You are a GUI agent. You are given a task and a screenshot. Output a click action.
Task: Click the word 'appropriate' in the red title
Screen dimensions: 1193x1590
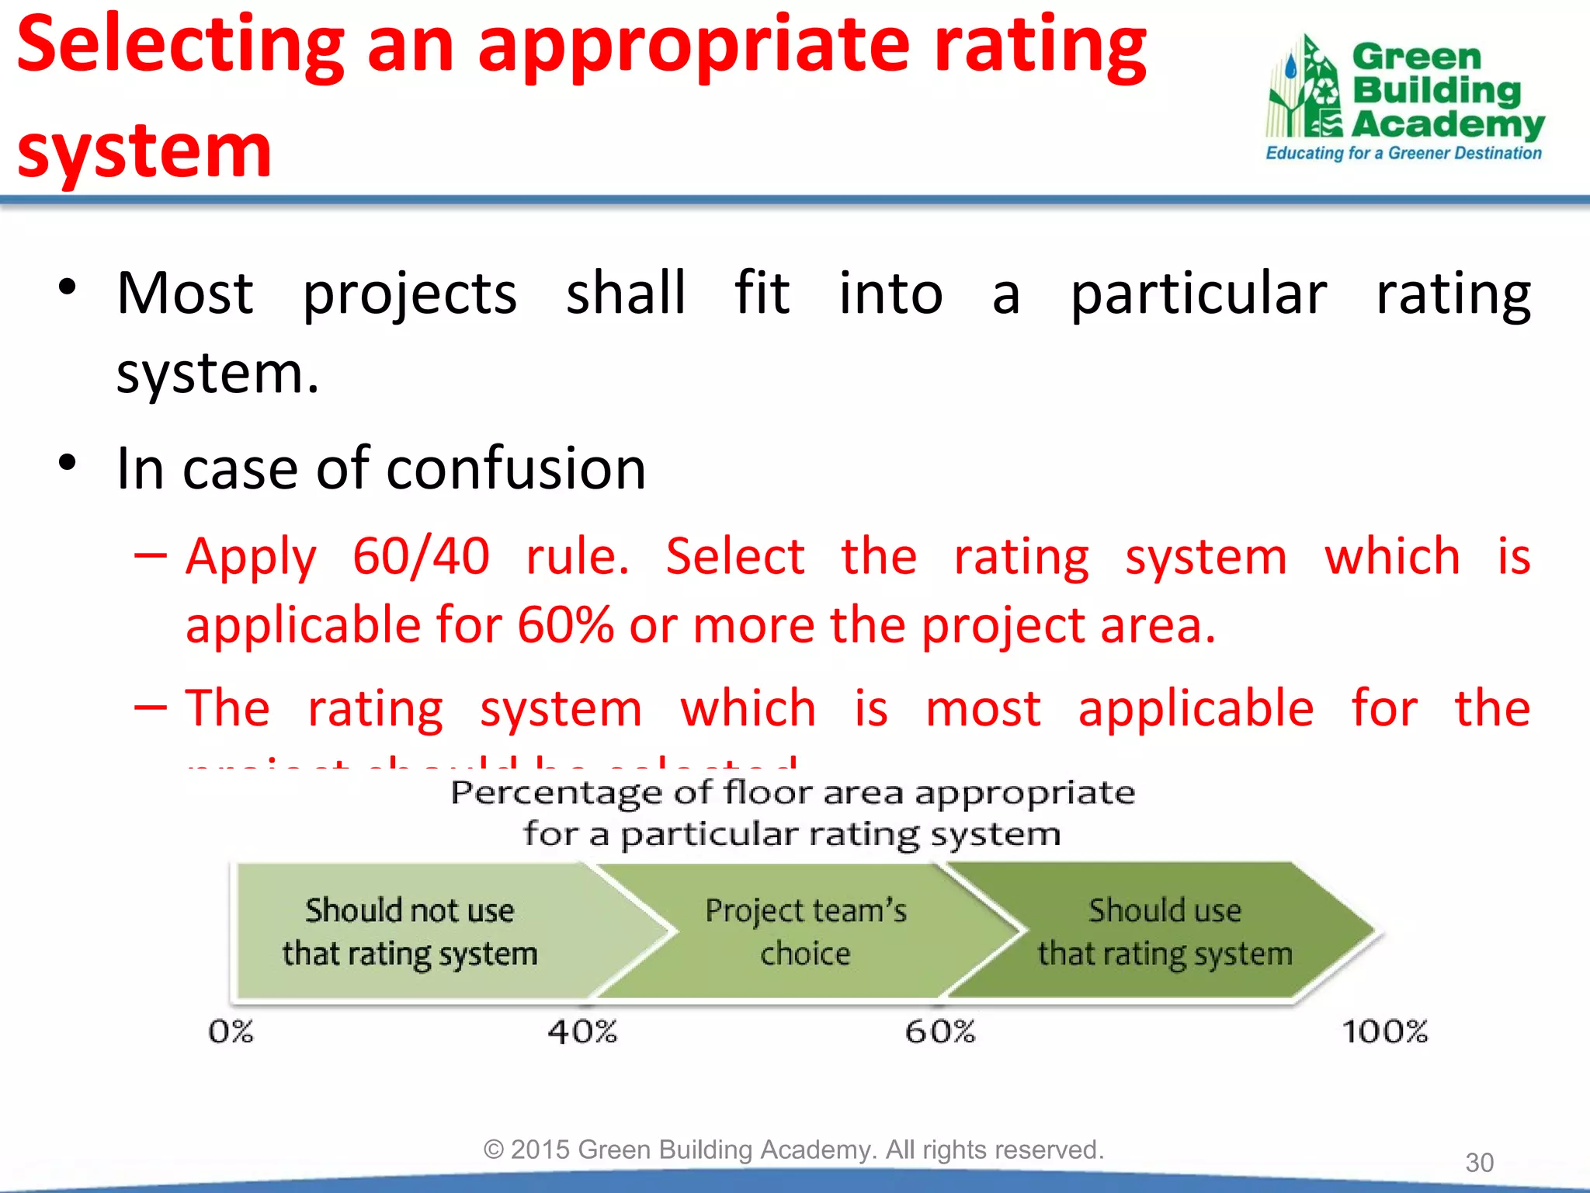pos(693,48)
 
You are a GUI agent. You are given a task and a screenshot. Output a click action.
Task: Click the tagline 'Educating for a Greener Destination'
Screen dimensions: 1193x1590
pos(1403,153)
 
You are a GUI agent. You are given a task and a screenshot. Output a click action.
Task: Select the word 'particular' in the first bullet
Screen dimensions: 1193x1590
pos(1198,295)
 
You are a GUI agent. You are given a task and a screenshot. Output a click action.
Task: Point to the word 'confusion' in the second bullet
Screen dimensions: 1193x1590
pos(516,469)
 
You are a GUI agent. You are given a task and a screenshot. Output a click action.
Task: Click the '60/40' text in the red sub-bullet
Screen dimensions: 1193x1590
pos(421,556)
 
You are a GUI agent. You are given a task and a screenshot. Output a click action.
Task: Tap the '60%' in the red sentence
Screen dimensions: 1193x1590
pos(565,625)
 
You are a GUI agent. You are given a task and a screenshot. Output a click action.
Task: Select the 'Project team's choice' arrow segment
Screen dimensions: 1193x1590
pos(805,931)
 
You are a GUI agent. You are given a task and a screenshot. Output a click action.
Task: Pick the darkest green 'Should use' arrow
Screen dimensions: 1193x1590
pos(1165,931)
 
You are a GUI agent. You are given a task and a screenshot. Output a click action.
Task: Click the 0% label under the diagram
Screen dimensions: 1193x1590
pos(231,1031)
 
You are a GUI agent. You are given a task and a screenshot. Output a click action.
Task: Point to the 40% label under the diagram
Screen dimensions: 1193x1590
pos(582,1031)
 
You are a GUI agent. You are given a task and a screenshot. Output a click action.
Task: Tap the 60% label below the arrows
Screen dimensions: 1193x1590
pos(939,1031)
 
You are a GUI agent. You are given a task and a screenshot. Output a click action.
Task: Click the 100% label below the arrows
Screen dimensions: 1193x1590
pos(1384,1031)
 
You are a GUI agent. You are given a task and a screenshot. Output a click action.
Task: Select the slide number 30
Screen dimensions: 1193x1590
pos(1479,1163)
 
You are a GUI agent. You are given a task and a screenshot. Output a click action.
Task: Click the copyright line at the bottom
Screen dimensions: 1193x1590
pos(793,1150)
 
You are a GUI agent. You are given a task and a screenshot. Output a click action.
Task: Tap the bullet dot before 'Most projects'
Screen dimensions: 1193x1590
pos(68,287)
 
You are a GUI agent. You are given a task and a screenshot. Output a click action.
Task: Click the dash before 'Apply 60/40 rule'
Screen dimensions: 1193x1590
pos(150,556)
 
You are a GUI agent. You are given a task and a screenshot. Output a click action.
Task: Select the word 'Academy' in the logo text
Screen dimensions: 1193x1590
pos(1448,124)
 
